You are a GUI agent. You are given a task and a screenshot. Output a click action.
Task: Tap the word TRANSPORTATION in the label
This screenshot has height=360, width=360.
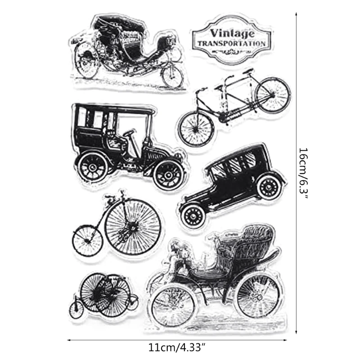point(231,44)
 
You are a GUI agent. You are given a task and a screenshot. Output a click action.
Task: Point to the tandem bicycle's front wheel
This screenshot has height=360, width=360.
point(272,95)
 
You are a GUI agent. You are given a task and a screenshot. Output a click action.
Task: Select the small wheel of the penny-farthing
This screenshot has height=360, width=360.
point(87,241)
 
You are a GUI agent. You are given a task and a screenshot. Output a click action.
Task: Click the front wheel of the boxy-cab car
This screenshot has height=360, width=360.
point(168,174)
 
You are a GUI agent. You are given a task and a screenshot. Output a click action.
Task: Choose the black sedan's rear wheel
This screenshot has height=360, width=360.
point(194,215)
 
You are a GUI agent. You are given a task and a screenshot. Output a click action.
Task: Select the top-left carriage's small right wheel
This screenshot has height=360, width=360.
point(172,75)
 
